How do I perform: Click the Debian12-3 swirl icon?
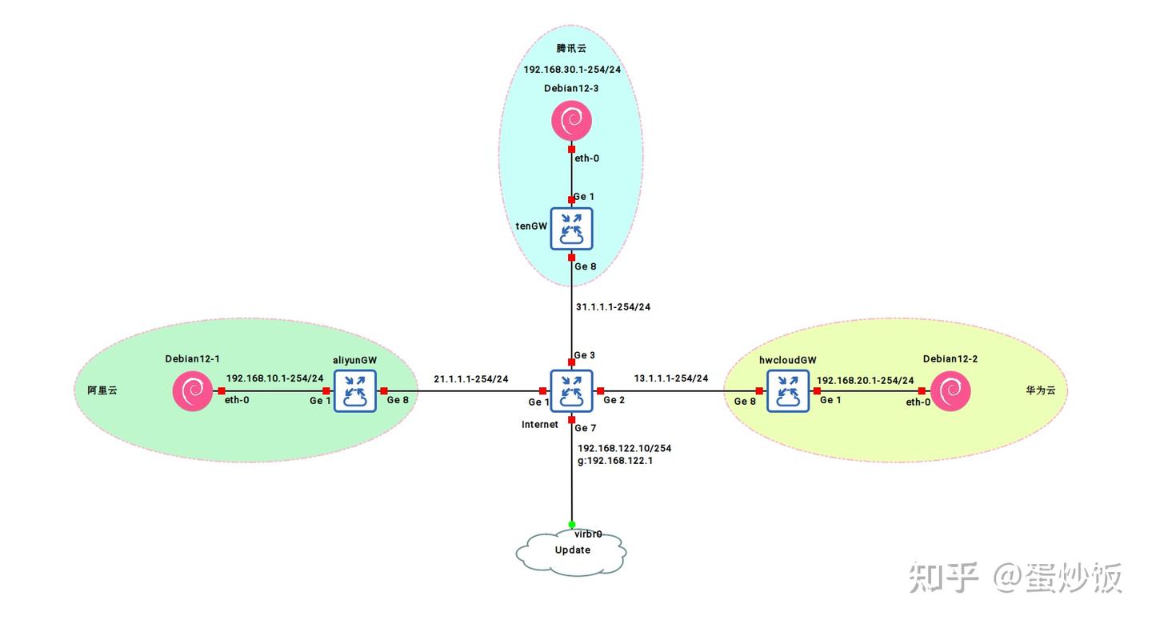[x=571, y=121]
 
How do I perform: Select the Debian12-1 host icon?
[x=193, y=391]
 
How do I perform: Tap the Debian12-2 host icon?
[x=950, y=391]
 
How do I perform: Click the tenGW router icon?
[x=571, y=229]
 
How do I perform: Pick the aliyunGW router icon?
[x=355, y=391]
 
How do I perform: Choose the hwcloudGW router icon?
[x=788, y=391]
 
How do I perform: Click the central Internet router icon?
[x=571, y=391]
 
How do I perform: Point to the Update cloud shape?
[x=571, y=554]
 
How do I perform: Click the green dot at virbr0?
[x=571, y=525]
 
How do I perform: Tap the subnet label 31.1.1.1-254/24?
[x=613, y=307]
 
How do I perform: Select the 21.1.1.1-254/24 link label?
[x=470, y=379]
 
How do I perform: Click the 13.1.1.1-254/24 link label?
[x=670, y=378]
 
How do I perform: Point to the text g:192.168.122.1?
[x=615, y=461]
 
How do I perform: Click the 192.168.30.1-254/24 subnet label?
[x=572, y=70]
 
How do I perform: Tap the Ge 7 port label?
[x=586, y=428]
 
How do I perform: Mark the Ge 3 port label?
[x=584, y=355]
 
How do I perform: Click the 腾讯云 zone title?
[x=571, y=48]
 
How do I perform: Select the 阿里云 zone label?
[x=102, y=390]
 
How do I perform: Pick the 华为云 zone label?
[x=1040, y=390]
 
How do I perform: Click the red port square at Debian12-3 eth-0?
[x=571, y=149]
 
